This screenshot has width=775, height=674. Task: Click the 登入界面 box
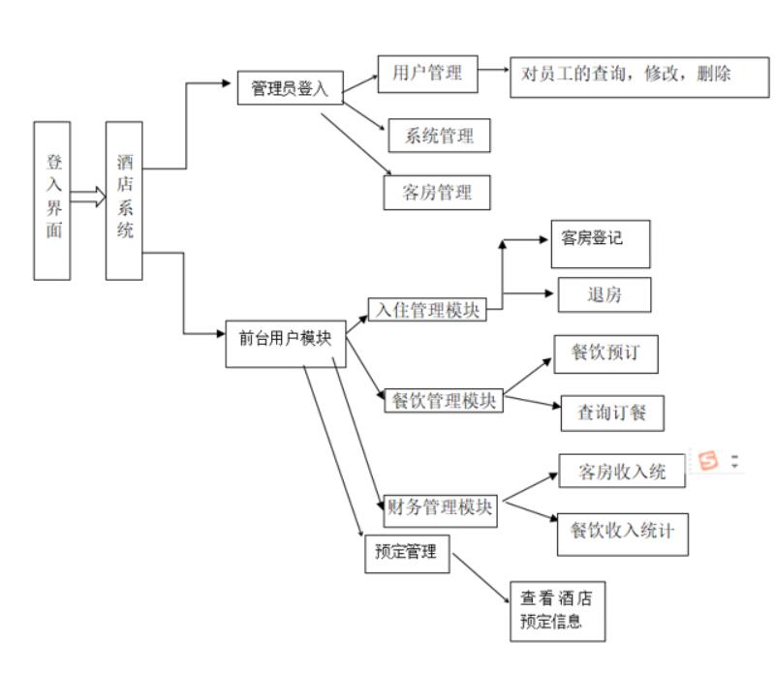pos(51,200)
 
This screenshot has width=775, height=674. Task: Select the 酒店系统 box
pos(124,200)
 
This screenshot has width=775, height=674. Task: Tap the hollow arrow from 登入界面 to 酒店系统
pos(88,198)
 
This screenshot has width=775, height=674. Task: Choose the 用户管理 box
pos(426,74)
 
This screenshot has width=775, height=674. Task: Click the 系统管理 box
pos(440,134)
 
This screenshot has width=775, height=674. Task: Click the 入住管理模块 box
pos(427,310)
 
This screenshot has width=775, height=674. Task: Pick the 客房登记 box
pos(592,245)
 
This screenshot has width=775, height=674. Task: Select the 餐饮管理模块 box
pos(443,399)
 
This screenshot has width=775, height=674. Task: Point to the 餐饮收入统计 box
pos(623,532)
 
